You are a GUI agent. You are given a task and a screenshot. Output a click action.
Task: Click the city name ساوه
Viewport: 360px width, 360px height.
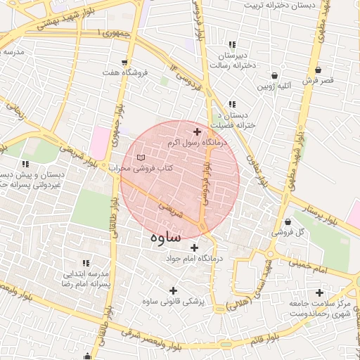click(x=165, y=237)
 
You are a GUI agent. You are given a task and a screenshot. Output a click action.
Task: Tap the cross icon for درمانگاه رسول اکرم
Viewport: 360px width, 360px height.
click(x=197, y=131)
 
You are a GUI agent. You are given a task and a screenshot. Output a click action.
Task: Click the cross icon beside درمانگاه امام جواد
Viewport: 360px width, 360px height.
click(x=194, y=247)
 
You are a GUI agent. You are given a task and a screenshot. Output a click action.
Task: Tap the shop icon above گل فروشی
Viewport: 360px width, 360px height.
click(x=287, y=221)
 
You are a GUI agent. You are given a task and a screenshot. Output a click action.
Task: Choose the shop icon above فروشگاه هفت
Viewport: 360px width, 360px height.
click(x=124, y=62)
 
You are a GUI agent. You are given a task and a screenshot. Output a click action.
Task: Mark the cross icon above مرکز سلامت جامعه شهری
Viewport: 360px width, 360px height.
click(x=320, y=292)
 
